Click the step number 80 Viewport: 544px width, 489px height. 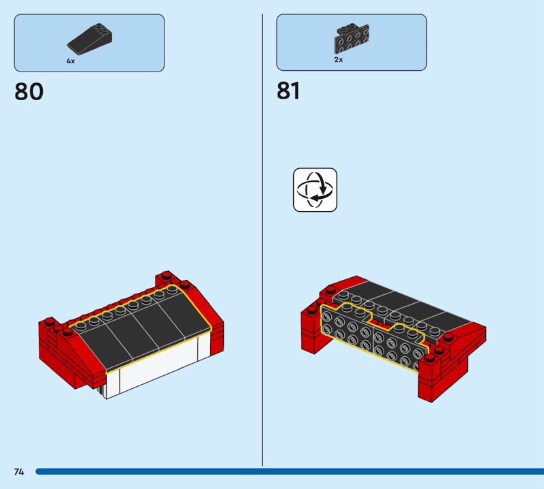point(29,91)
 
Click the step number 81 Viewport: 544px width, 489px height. point(288,91)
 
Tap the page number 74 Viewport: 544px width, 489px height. point(19,471)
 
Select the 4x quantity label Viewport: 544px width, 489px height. point(71,61)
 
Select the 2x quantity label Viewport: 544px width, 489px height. point(338,59)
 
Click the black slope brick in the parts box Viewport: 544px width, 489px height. point(90,39)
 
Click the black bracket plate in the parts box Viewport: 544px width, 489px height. point(352,38)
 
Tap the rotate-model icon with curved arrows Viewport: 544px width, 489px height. point(315,190)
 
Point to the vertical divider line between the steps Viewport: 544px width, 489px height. point(262,240)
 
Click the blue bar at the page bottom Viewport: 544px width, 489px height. point(290,471)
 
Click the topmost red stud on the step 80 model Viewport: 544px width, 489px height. point(166,274)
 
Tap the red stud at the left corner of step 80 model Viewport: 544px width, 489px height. point(50,321)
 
